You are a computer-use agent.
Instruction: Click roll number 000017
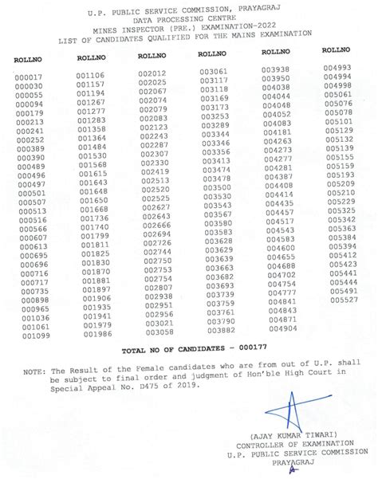pos(29,77)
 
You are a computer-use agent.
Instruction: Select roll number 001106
pos(91,75)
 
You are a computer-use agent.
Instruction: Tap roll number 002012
pos(152,73)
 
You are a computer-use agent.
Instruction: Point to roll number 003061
pos(215,72)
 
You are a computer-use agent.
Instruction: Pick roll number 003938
pos(276,69)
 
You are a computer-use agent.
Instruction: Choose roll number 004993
pos(338,68)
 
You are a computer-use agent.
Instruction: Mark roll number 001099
pos(36,336)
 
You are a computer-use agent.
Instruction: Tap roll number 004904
pos(283,328)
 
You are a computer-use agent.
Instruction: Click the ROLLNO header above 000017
pos(28,61)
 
